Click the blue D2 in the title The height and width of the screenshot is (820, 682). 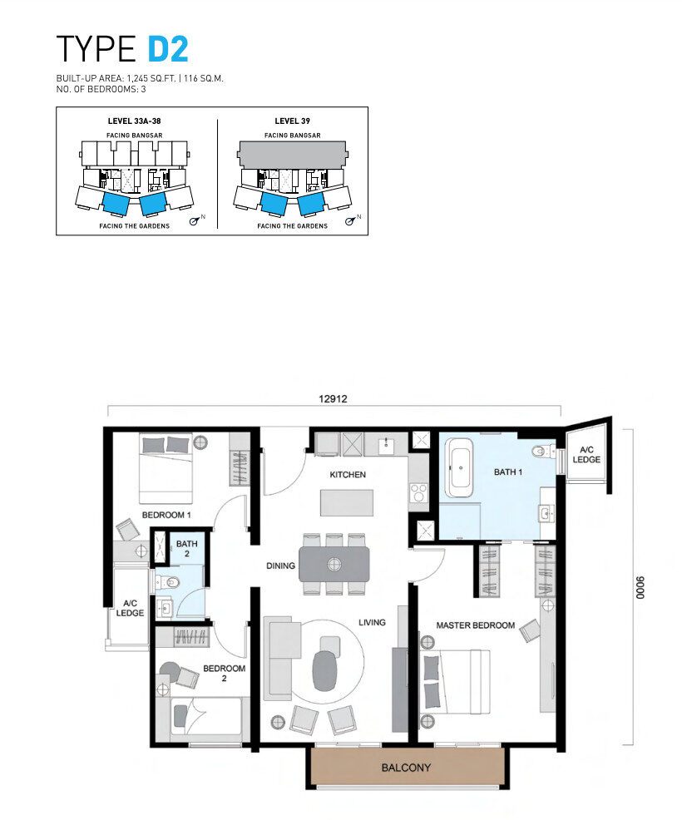tap(168, 49)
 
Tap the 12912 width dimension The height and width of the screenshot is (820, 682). tap(334, 398)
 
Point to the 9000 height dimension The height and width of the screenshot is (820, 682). tap(640, 587)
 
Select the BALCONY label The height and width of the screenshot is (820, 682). tap(407, 768)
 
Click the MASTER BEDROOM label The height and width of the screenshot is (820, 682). tap(476, 625)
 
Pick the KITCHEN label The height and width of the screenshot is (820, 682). tap(348, 474)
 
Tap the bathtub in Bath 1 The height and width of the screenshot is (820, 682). tap(459, 467)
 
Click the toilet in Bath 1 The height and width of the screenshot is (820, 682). tap(544, 451)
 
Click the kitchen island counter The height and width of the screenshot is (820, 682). tap(347, 502)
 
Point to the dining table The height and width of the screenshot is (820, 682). tap(334, 565)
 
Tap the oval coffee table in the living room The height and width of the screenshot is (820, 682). tap(325, 670)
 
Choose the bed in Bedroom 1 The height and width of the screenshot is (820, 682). tap(166, 468)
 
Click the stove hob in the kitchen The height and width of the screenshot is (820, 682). tap(418, 492)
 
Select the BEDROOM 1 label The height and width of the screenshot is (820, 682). tap(166, 515)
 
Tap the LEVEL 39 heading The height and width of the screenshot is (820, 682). tap(293, 121)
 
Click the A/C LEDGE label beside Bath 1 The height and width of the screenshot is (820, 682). tap(586, 454)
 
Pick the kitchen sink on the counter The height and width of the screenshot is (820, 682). tap(387, 445)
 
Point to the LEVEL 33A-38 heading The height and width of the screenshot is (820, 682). tap(135, 121)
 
